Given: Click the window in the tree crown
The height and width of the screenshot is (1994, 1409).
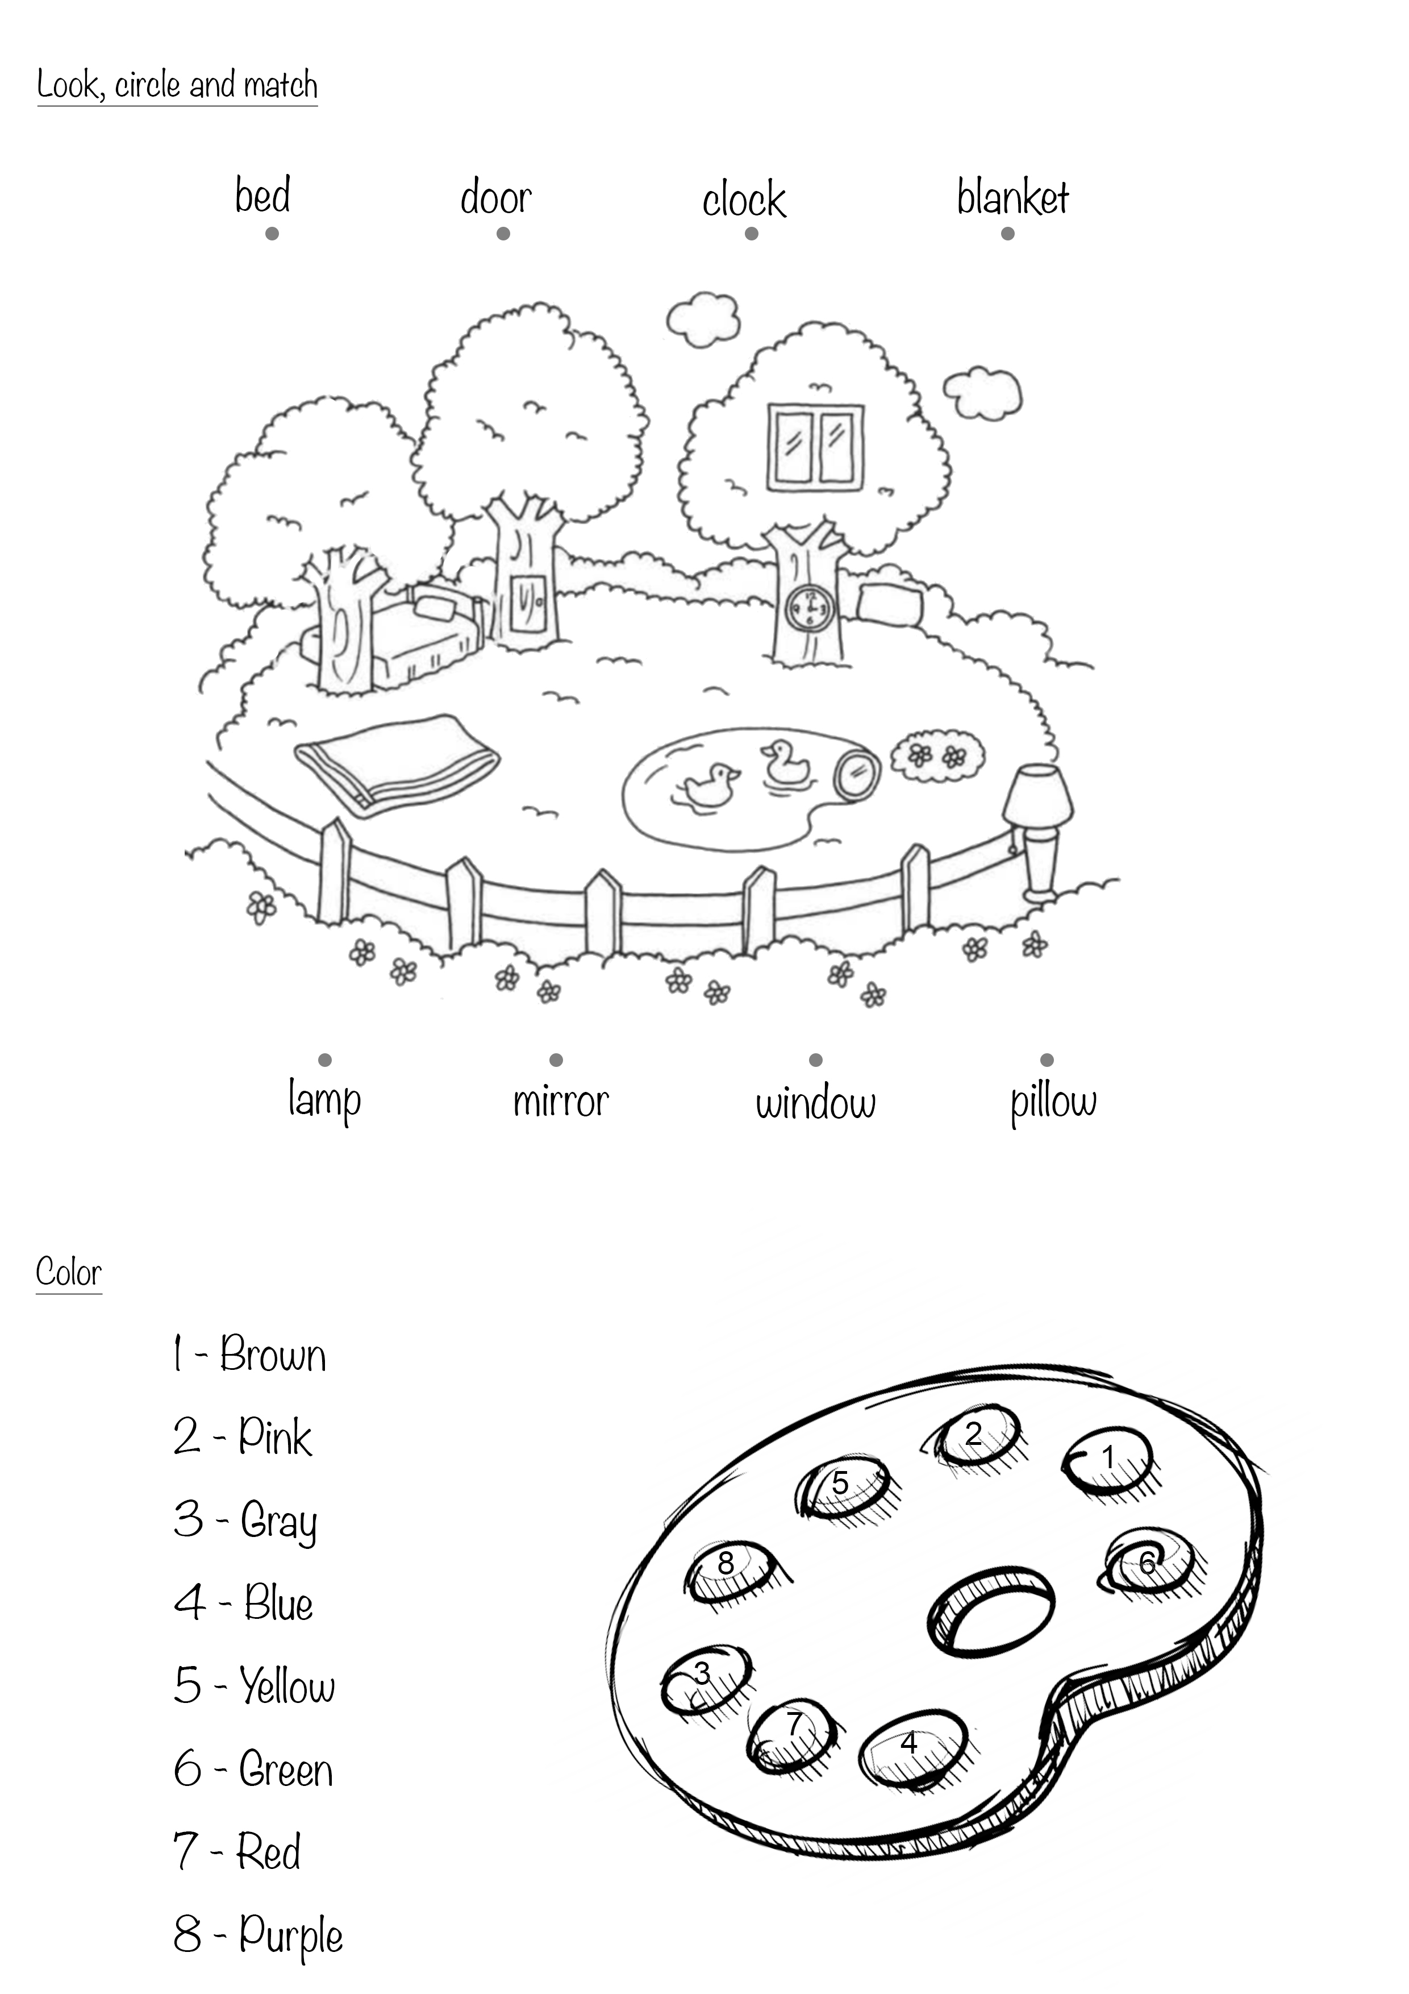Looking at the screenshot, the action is (x=815, y=446).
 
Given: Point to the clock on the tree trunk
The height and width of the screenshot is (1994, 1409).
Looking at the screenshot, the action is (x=809, y=608).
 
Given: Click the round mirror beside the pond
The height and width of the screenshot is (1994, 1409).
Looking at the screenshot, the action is (x=857, y=774).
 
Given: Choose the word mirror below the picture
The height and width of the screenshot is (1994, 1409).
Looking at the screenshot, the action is (x=561, y=1101).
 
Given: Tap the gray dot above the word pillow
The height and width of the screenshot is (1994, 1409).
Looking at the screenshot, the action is (x=1047, y=1060).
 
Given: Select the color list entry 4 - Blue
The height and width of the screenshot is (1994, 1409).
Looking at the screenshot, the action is (x=243, y=1602).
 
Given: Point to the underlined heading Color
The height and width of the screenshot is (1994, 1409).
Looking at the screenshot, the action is (x=69, y=1273).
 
